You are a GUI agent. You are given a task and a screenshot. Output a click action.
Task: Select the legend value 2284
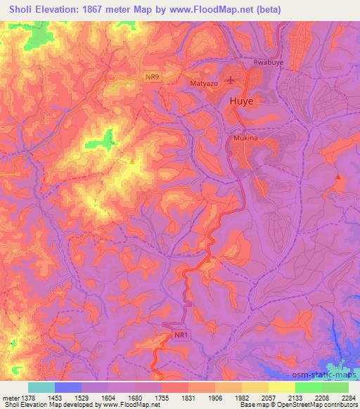click(x=348, y=396)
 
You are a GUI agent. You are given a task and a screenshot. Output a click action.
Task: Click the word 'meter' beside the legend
click(x=9, y=396)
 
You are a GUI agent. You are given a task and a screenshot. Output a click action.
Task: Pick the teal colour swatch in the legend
click(x=41, y=387)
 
